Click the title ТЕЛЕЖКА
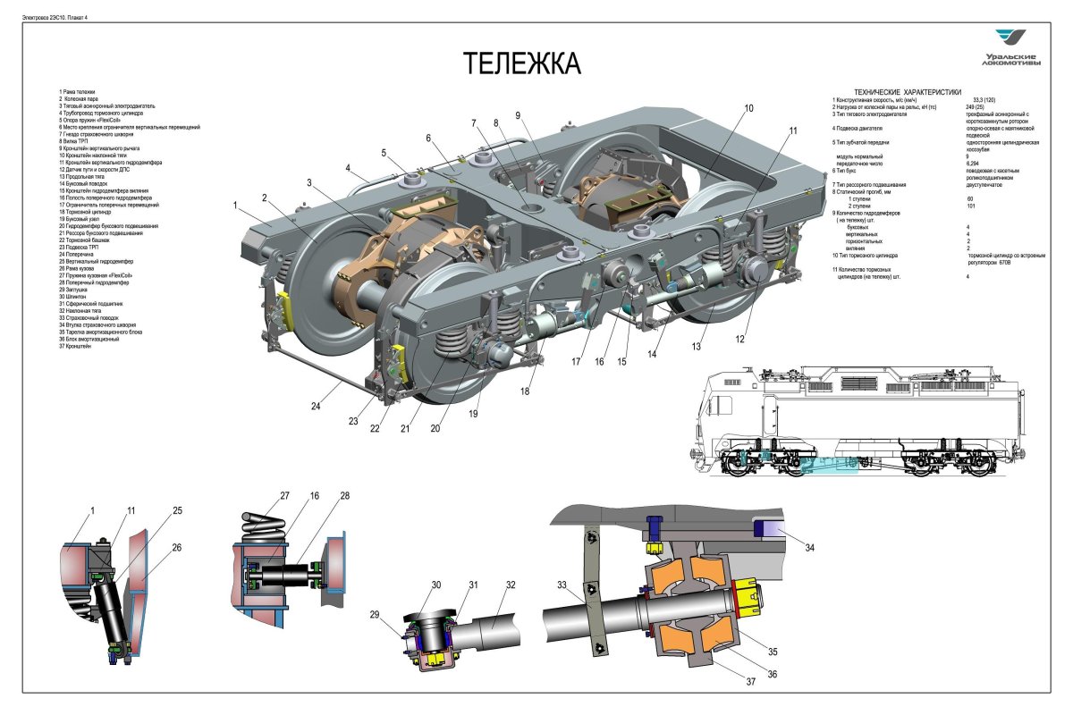[x=521, y=64]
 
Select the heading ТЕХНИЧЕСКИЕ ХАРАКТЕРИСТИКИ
[x=908, y=92]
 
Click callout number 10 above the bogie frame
[x=748, y=108]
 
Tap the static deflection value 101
[x=970, y=206]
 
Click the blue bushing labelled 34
[x=766, y=530]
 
